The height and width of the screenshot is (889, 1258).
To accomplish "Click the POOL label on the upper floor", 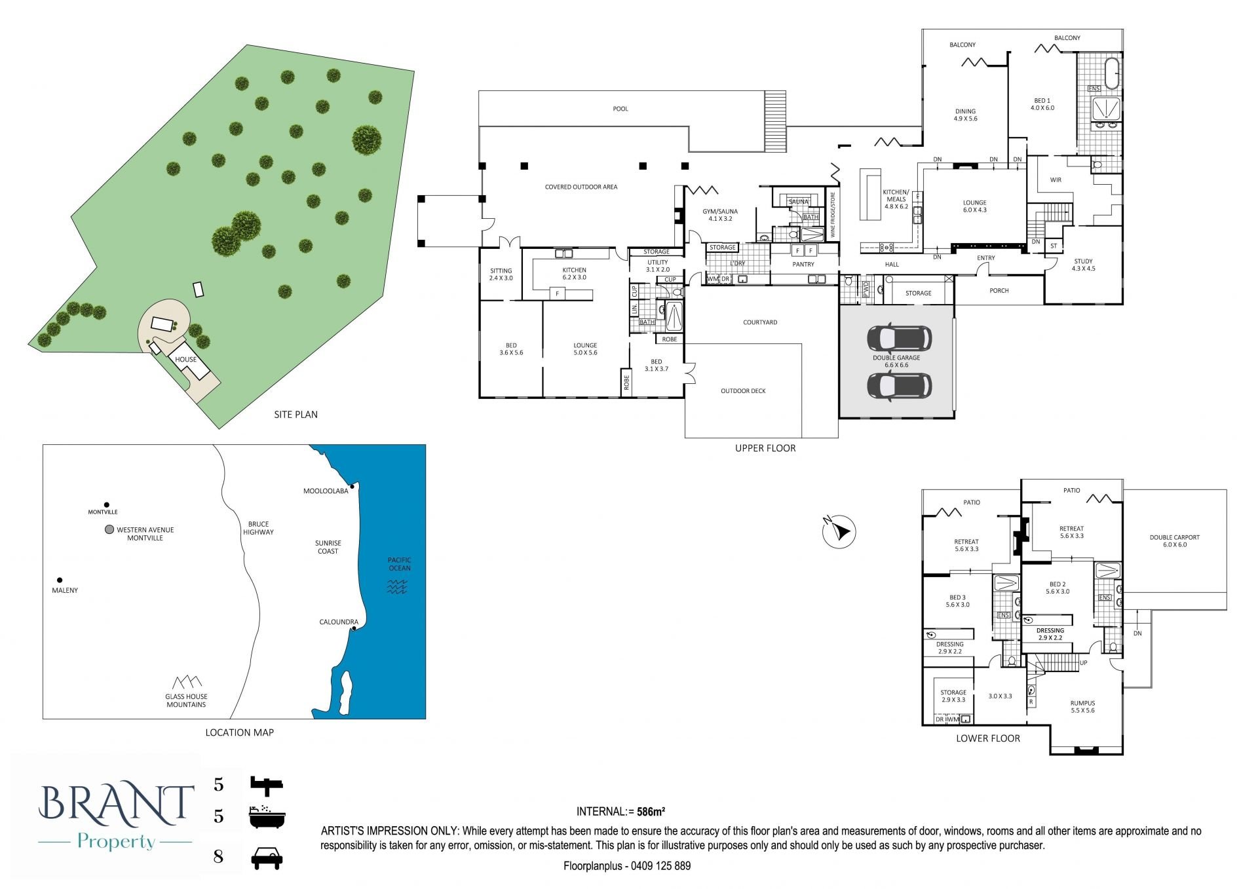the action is point(620,109).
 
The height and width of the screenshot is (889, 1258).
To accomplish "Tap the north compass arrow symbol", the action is point(839,531).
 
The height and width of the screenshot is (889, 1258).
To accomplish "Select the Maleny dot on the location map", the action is point(60,580).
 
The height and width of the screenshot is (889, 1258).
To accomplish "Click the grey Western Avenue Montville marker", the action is point(109,529).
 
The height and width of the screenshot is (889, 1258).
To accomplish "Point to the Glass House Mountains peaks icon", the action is point(187,682).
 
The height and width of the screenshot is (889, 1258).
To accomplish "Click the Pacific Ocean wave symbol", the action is point(397,586).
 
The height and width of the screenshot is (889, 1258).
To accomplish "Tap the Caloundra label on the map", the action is point(339,622).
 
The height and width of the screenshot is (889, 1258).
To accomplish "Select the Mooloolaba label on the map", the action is point(326,491).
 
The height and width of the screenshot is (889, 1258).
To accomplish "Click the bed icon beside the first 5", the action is point(266,783).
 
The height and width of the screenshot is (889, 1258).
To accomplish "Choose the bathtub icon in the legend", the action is point(266,816).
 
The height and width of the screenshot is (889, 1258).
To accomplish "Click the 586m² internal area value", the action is point(651,811).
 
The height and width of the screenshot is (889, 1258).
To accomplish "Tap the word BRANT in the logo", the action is point(117,803).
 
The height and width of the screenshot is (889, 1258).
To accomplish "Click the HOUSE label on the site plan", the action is point(185,359).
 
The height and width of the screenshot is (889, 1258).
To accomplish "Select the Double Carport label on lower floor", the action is point(1174,541).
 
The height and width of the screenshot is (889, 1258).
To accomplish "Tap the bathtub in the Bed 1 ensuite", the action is point(1113,73).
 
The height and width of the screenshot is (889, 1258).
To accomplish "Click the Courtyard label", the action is point(760,322).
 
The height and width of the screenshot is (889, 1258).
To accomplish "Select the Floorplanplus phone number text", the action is point(627,865).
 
